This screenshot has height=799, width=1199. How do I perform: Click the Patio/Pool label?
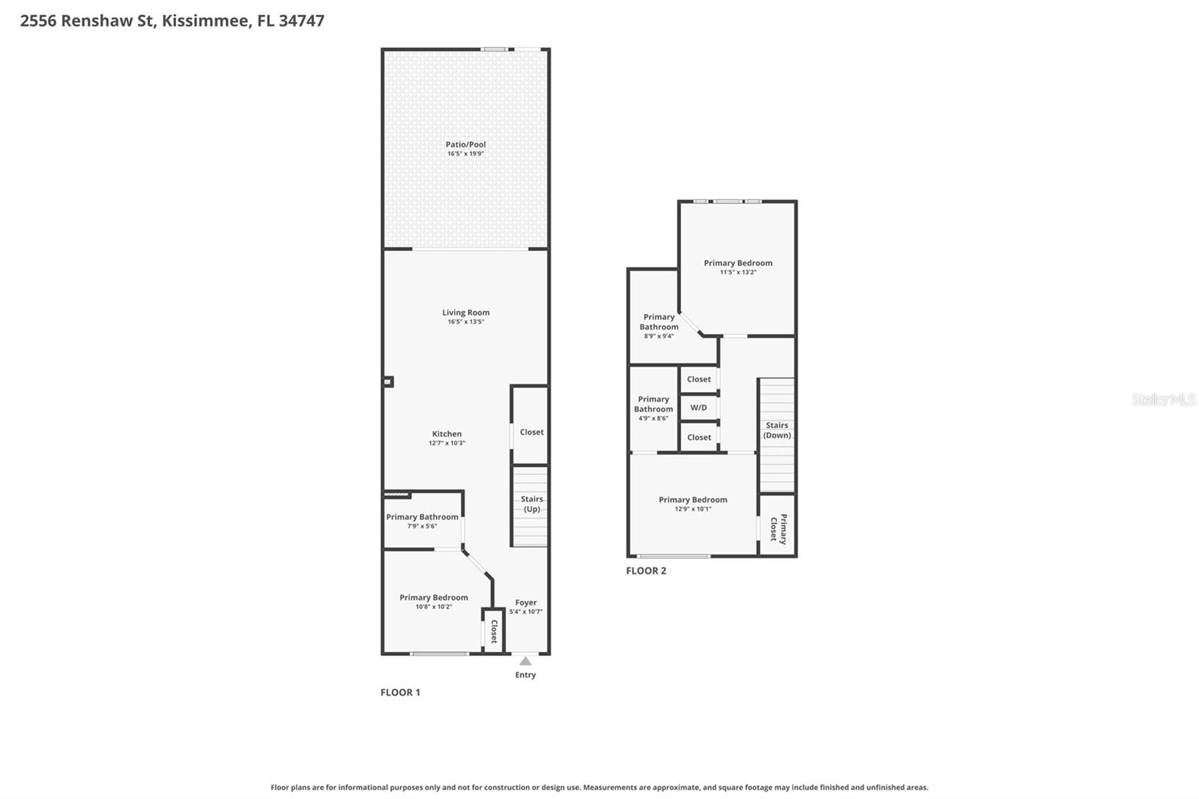(465, 144)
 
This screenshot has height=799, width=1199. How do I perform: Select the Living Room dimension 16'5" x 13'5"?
(465, 322)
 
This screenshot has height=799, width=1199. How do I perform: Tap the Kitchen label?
(447, 433)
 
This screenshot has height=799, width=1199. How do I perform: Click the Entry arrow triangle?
(525, 661)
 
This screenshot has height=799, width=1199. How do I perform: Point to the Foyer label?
(525, 602)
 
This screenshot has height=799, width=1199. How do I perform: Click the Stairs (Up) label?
(531, 504)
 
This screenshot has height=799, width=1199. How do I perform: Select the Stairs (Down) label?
(776, 430)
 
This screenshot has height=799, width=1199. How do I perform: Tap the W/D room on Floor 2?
(698, 408)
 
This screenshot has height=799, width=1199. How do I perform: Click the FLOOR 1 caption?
(400, 692)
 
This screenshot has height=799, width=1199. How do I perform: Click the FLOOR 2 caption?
(646, 570)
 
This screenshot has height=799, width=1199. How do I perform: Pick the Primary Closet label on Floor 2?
(778, 528)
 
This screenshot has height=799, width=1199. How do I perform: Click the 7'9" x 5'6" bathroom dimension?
(422, 526)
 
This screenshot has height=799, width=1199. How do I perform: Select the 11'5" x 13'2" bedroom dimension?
(738, 272)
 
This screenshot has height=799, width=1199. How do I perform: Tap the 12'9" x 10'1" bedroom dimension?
(692, 509)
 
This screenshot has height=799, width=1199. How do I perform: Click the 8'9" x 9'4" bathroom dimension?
(659, 336)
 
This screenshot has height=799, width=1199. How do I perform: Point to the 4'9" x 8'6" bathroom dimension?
(653, 418)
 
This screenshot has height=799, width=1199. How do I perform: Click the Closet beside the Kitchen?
(531, 432)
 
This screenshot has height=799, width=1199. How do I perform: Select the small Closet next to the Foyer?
(494, 631)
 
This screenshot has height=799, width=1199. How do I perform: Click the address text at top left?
(172, 20)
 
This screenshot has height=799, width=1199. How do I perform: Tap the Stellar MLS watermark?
(1163, 399)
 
